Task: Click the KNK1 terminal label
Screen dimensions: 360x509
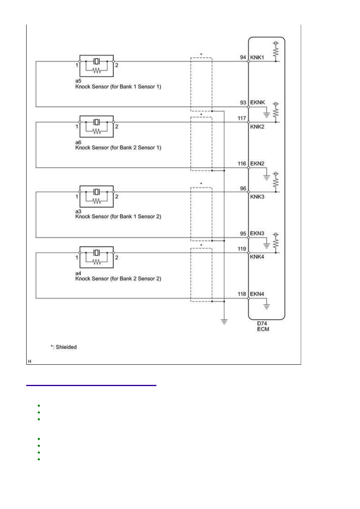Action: [x=257, y=58]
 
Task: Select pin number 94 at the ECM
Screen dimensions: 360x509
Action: [x=243, y=58]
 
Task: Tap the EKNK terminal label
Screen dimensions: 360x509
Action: [x=257, y=102]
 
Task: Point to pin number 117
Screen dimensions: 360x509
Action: [x=241, y=118]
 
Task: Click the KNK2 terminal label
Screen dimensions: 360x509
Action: [x=257, y=127]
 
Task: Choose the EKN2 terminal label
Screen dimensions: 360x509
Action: [x=257, y=164]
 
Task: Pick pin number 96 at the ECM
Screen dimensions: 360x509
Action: [x=243, y=189]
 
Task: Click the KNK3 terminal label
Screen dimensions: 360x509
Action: [x=257, y=197]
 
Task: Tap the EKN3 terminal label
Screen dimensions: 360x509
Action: [x=257, y=234]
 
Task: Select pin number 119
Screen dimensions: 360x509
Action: [x=241, y=249]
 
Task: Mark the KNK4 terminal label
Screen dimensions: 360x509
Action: [x=257, y=257]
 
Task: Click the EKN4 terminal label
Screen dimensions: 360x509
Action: [x=257, y=294]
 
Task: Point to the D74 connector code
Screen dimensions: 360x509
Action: [x=262, y=323]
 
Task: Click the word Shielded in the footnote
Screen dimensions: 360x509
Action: [x=66, y=347]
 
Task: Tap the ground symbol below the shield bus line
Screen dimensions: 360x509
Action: [x=224, y=322]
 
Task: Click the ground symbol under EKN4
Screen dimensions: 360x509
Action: [x=266, y=307]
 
